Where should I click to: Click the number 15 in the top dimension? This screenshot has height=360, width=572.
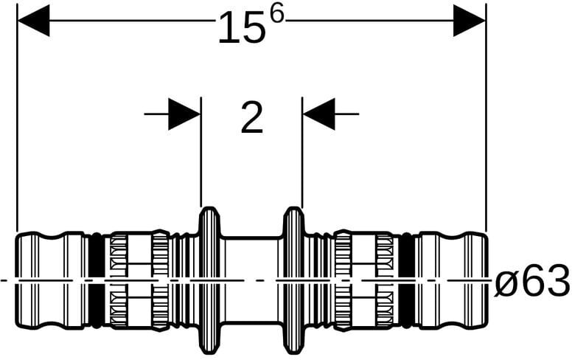pos(242,27)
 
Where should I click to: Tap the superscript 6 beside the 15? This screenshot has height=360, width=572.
pos(276,15)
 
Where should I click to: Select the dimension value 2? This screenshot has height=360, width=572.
pos(252,117)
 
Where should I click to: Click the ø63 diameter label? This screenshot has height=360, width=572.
pos(532,282)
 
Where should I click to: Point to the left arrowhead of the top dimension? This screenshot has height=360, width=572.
pos(33,21)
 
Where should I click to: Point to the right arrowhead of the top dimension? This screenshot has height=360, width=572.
pos(469,21)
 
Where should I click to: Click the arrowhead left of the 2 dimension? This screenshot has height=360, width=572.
pos(184,114)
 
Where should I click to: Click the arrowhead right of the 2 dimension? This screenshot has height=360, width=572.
pos(319,114)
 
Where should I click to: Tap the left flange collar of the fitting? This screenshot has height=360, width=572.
pos(209,280)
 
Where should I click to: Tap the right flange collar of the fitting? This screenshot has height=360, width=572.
pos(294,280)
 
